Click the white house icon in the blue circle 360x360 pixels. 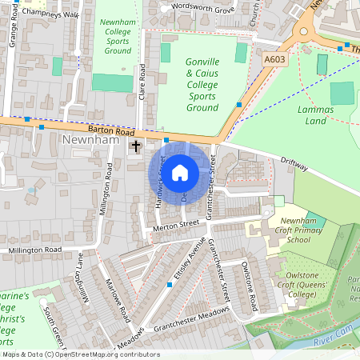click(180, 172)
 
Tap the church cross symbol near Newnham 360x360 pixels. click(136, 146)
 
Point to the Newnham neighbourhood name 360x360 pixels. click(88, 142)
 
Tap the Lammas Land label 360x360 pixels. click(315, 114)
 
